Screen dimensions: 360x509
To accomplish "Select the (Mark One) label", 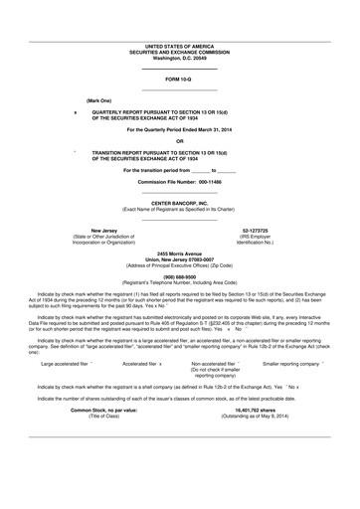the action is pyautogui.click(x=99, y=101).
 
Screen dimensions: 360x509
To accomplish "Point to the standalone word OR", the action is pyautogui.click(x=179, y=141).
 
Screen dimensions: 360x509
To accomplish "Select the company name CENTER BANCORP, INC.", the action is pyautogui.click(x=179, y=203).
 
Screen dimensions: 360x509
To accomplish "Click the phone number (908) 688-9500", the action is pyautogui.click(x=179, y=278).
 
